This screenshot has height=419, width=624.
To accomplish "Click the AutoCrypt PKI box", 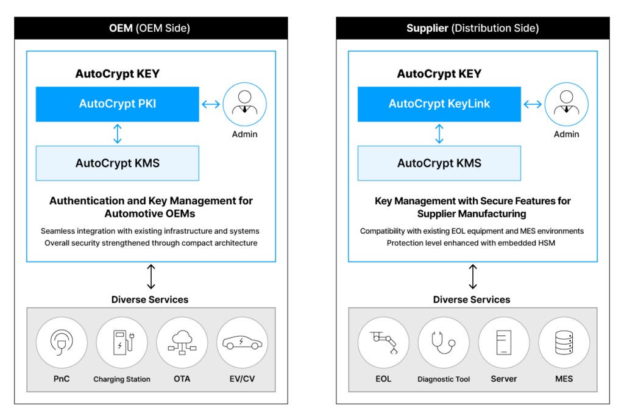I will click(118, 104).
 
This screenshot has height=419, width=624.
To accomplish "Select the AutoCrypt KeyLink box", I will click(439, 104).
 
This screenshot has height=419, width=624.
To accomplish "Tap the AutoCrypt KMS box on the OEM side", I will click(118, 163).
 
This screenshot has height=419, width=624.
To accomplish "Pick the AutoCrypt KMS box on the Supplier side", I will click(439, 163).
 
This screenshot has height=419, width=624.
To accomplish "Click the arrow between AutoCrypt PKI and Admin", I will click(211, 104).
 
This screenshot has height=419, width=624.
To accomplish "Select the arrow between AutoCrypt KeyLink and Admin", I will click(533, 104).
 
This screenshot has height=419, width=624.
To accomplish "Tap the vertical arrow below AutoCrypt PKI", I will click(118, 134).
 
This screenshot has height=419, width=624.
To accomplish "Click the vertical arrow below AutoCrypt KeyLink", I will click(439, 134).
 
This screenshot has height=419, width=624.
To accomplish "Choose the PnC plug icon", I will click(62, 342).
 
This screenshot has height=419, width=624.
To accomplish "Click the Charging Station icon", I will click(122, 342).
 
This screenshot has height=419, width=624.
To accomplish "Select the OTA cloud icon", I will click(182, 342).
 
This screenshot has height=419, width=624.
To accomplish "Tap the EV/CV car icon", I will click(242, 342).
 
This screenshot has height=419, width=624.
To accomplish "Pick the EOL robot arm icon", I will click(383, 342).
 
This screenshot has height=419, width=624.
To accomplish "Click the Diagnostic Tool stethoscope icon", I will click(444, 342).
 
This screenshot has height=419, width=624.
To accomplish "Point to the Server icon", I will click(504, 342).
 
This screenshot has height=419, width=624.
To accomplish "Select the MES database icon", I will click(564, 342).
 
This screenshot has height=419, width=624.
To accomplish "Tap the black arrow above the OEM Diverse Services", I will click(151, 277).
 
